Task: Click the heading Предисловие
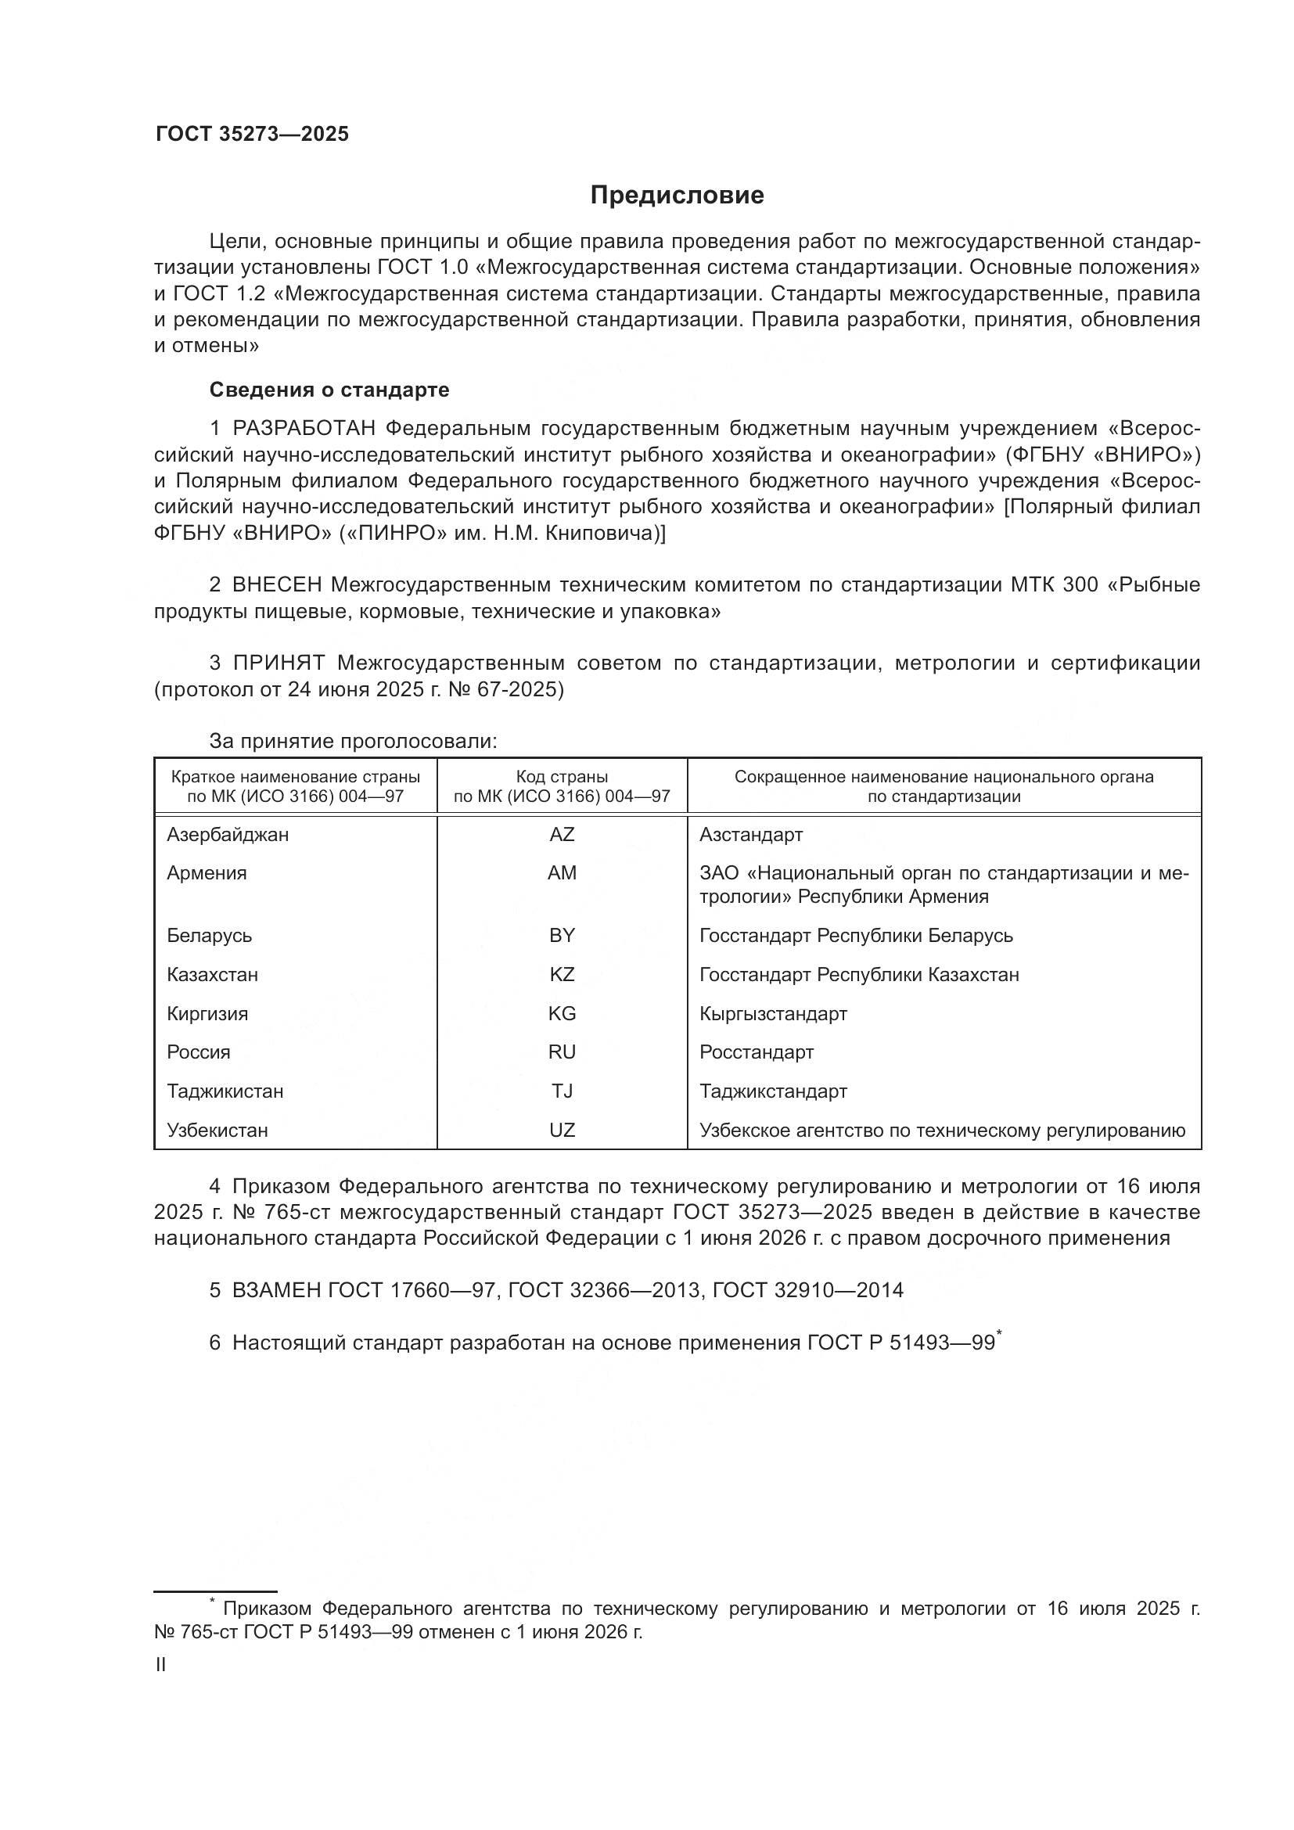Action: [677, 196]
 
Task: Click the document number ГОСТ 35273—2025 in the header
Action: [252, 135]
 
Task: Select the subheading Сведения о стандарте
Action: [329, 390]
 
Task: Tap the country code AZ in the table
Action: [562, 835]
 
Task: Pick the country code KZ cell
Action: [562, 975]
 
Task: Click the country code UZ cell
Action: [562, 1131]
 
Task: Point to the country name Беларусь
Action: [210, 936]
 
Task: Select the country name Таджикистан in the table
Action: [225, 1091]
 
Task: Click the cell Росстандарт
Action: [757, 1052]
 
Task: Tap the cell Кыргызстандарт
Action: [773, 1014]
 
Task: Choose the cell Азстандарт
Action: [750, 835]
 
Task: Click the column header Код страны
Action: [562, 777]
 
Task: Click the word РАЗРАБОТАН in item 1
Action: [304, 429]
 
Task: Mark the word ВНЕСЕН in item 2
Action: [276, 585]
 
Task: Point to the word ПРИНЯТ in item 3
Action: [279, 663]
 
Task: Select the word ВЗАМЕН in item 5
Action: [275, 1290]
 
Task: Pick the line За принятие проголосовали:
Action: [353, 741]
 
